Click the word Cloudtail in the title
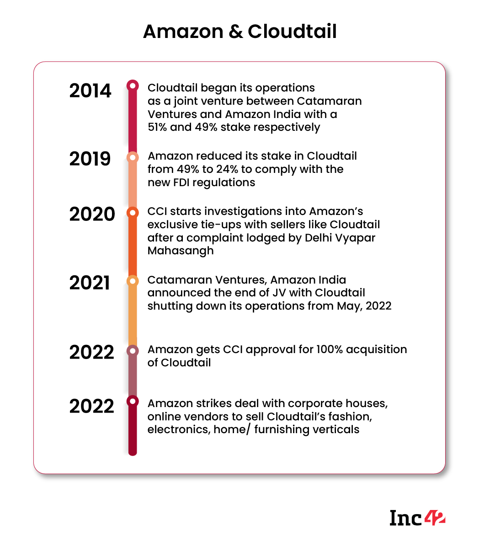(292, 32)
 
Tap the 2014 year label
(90, 91)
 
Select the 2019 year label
(90, 159)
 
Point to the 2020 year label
(92, 214)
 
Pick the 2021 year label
(90, 283)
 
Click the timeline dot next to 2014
(133, 85)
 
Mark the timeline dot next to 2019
(133, 157)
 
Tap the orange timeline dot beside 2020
(133, 212)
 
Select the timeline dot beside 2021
(133, 280)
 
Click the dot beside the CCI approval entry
(133, 351)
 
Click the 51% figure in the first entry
(157, 127)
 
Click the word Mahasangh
(180, 251)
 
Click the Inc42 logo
(417, 518)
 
